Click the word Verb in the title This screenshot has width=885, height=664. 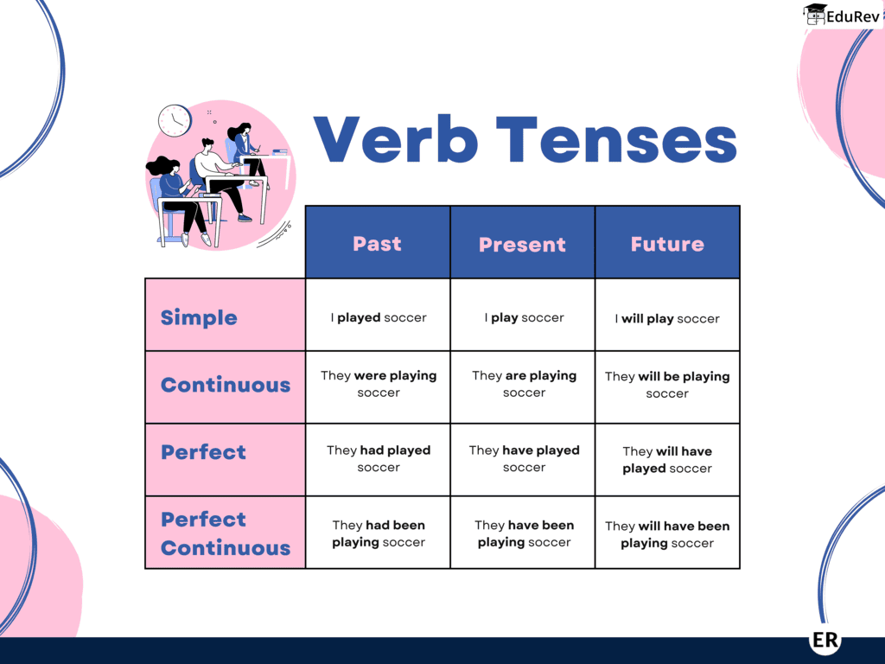[395, 139]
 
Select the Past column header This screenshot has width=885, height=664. [378, 243]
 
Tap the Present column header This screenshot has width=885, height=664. [522, 244]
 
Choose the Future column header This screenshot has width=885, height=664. [667, 244]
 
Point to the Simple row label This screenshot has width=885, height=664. [199, 317]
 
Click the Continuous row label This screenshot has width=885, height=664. [226, 385]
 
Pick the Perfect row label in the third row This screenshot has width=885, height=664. [203, 452]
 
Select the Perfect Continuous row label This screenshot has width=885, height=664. [226, 533]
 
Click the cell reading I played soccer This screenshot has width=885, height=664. [379, 317]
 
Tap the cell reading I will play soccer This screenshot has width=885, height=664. [667, 318]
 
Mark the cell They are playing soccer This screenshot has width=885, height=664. [524, 384]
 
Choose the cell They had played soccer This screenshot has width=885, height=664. [379, 458]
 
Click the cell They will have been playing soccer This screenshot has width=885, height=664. [667, 534]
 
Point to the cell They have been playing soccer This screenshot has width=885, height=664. [524, 533]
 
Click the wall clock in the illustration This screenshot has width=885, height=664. [175, 120]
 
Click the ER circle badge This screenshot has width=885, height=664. [826, 640]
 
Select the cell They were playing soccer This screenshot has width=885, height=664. [379, 384]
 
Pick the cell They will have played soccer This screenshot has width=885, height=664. [667, 459]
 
